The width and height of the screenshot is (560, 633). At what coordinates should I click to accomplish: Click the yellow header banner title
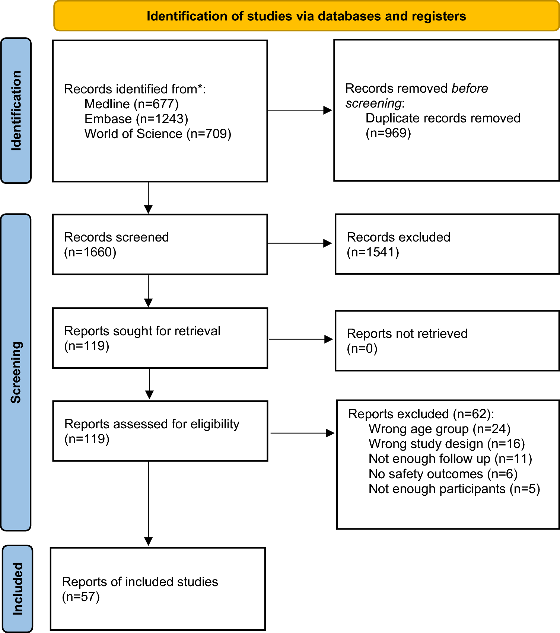tap(306, 16)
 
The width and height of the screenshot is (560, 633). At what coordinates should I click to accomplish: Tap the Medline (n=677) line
tap(131, 104)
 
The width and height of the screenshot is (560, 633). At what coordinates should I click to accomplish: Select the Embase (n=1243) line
tap(136, 119)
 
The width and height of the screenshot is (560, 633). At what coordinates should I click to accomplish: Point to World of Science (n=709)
tap(158, 134)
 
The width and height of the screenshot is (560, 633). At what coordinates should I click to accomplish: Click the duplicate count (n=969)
tap(388, 133)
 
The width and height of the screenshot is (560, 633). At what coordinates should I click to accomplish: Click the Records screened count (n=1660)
tap(90, 252)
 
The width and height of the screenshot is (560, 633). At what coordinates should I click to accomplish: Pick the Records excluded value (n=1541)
tap(373, 252)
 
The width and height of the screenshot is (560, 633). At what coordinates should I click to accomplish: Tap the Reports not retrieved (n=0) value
tap(362, 348)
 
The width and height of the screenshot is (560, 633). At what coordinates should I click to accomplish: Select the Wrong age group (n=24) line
tap(439, 429)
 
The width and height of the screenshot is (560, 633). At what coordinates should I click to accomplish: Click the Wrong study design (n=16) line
tap(446, 444)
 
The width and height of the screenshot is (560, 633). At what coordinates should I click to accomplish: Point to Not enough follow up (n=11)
tap(450, 458)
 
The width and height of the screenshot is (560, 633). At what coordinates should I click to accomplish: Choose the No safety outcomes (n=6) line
tap(443, 474)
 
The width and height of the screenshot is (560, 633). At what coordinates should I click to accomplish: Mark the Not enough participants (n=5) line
tap(454, 489)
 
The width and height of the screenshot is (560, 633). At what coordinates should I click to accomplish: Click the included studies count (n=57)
tap(81, 597)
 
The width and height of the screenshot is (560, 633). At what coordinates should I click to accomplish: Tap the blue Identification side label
tap(16, 111)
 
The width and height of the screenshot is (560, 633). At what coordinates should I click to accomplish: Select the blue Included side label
tap(17, 589)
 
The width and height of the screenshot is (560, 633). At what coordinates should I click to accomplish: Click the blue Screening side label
tap(16, 372)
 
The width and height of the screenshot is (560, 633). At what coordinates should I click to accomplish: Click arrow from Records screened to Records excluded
tap(300, 243)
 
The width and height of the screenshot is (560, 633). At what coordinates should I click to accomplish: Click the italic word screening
tap(373, 103)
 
